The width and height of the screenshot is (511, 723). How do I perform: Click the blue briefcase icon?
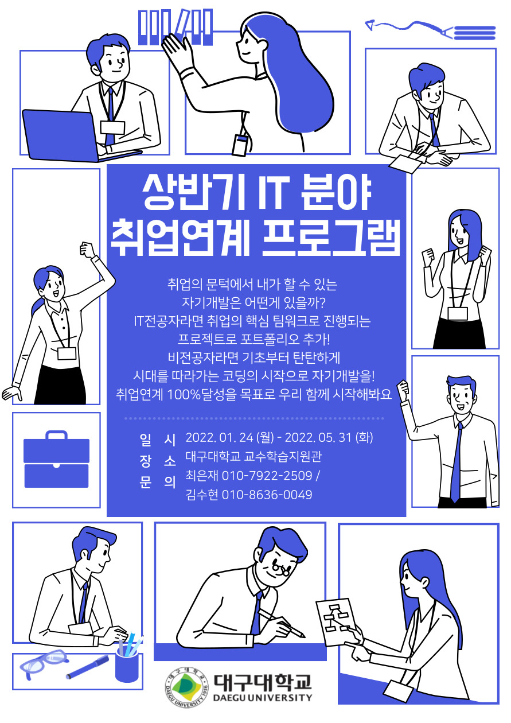point(56,459)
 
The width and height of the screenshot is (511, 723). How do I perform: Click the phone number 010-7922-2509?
point(267,476)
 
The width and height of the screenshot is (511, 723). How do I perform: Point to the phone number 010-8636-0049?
point(267,495)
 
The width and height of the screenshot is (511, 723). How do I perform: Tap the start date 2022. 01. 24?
point(219,438)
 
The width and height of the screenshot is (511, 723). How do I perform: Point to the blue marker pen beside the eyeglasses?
point(87,667)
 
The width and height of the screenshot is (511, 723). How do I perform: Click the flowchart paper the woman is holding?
point(336,621)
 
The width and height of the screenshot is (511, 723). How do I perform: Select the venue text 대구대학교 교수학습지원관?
point(253,456)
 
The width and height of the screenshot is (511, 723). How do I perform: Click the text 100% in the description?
point(184,394)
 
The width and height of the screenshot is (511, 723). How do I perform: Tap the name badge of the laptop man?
point(112,127)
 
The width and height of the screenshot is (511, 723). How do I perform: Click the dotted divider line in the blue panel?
point(254,418)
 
